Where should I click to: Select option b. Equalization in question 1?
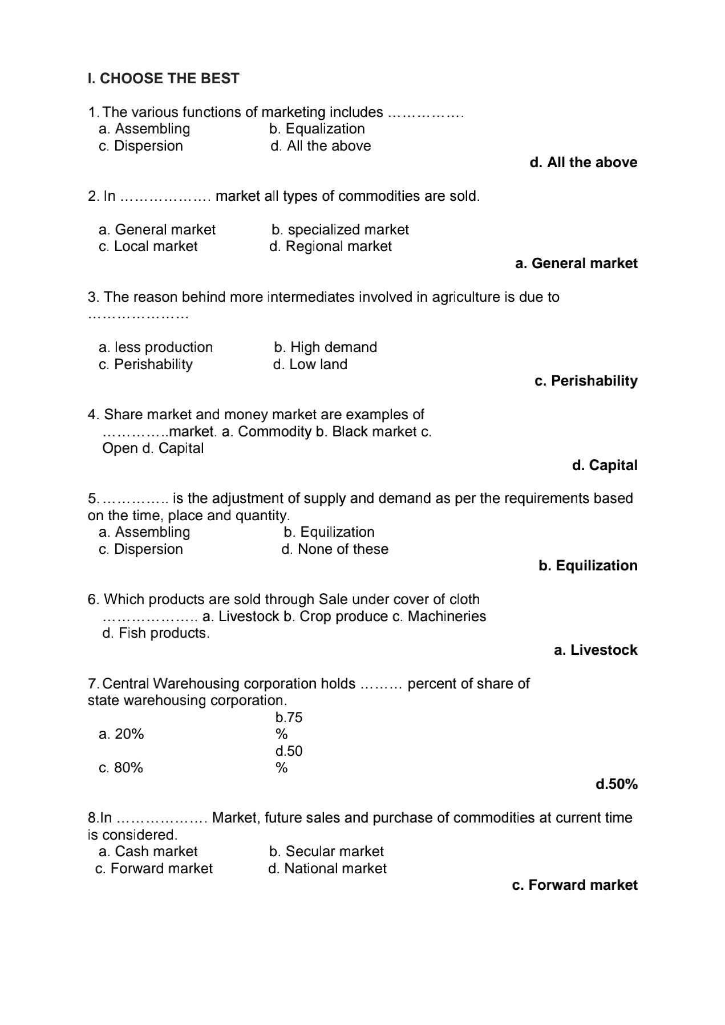[x=317, y=129]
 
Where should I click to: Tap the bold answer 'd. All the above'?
[x=583, y=163]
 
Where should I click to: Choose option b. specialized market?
[x=340, y=230]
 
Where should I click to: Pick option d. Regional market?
[x=330, y=246]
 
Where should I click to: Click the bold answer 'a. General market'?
[x=576, y=264]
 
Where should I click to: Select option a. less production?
[x=156, y=347]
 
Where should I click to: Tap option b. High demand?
[x=325, y=347]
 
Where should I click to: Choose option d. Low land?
[x=310, y=364]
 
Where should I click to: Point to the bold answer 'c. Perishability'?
[x=586, y=381]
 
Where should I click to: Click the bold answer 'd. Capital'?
[x=605, y=465]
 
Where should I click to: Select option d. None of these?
[x=335, y=549]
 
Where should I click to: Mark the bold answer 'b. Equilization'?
[x=588, y=566]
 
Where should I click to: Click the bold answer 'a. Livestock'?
[x=596, y=650]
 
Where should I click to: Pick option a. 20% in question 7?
[x=121, y=734]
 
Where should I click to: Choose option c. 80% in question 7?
[x=121, y=768]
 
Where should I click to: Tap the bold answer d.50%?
[x=617, y=785]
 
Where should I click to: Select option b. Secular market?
[x=326, y=852]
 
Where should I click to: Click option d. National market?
[x=327, y=869]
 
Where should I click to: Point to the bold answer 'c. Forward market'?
[x=575, y=885]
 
